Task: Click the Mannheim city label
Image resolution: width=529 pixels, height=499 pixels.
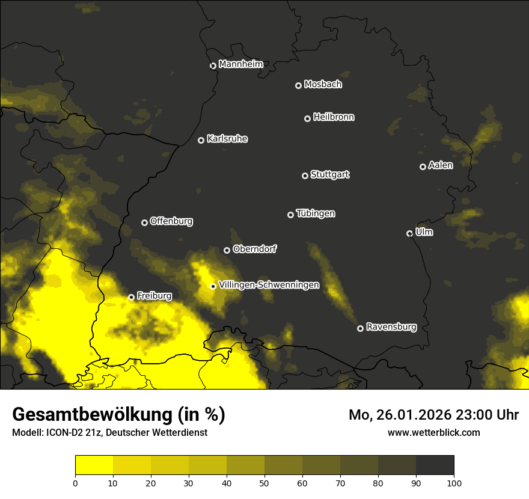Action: [240, 64]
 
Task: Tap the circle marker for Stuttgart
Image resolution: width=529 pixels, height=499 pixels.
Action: [305, 176]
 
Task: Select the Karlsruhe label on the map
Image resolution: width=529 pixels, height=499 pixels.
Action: [227, 139]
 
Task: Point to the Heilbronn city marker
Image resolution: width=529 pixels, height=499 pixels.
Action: [307, 118]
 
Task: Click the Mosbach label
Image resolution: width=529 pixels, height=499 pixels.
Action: [322, 85]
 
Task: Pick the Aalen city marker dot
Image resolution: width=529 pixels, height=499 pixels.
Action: [423, 167]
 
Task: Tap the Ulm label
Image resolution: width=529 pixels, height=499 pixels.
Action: [424, 232]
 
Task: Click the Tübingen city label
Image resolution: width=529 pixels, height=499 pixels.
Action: [315, 213]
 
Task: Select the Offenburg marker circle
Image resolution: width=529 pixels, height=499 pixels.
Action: [144, 222]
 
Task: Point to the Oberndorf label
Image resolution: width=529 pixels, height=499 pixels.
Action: [254, 249]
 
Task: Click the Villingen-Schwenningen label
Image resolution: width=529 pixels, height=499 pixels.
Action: [269, 285]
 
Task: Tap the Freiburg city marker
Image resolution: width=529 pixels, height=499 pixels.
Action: [131, 297]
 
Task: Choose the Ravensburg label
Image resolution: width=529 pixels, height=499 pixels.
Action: [391, 327]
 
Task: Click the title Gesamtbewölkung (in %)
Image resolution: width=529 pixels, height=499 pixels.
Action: [118, 415]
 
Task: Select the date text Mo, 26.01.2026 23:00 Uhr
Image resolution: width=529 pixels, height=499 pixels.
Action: [433, 415]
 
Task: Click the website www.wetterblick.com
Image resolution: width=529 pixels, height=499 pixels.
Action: [433, 432]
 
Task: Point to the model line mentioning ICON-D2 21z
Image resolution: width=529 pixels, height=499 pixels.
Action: [109, 433]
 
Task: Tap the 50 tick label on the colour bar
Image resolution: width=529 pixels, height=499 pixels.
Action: [264, 483]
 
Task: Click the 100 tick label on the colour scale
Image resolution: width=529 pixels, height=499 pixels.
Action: [454, 483]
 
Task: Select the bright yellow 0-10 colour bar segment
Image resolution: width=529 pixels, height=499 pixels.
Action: [94, 465]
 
